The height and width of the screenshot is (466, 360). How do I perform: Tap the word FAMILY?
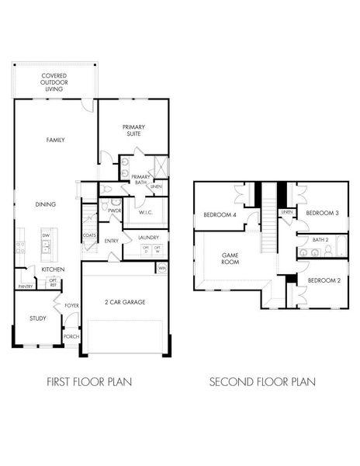pos(55,140)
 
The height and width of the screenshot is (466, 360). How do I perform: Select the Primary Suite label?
pos(133,130)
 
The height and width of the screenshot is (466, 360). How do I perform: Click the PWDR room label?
pos(115,210)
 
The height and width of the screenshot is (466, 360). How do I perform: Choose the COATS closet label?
pos(89,235)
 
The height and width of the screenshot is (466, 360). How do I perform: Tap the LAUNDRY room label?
pos(148,238)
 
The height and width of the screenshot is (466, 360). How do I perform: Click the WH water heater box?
pos(162,268)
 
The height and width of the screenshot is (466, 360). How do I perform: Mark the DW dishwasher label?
pos(46,235)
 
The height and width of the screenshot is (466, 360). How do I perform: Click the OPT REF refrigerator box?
pos(53,283)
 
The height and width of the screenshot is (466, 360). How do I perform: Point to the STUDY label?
pos(38,318)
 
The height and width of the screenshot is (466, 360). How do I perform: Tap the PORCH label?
pos(71,336)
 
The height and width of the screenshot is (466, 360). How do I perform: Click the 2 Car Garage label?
pos(125,301)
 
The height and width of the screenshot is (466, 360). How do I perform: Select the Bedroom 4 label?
pos(220,215)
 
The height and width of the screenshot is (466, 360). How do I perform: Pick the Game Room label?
pos(230,258)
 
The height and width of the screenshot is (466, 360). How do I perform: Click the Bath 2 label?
pos(321,240)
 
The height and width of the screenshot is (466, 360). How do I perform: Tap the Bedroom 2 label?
pos(323,280)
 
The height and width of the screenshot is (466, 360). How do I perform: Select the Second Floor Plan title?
pos(262,381)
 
